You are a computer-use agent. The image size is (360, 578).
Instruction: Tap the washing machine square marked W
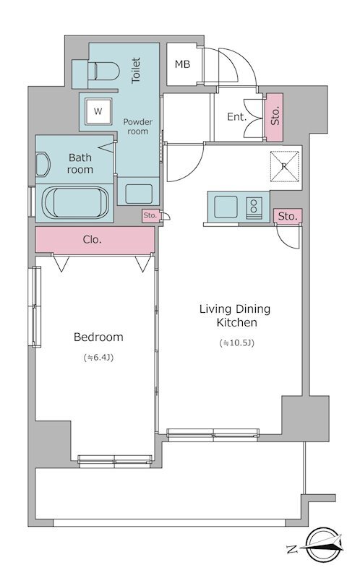[98, 111]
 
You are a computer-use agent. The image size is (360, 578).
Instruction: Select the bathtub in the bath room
[76, 203]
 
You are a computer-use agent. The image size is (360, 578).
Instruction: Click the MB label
[183, 64]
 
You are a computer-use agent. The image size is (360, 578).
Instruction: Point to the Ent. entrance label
[237, 117]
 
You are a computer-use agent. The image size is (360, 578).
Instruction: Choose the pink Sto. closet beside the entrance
[275, 117]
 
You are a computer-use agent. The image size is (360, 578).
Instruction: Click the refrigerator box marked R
[283, 166]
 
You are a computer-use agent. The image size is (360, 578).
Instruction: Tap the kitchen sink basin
[226, 207]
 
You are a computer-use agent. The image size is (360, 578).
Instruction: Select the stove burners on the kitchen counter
[254, 208]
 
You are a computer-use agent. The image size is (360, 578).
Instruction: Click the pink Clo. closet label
[93, 240]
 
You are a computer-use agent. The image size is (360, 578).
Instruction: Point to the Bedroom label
[98, 337]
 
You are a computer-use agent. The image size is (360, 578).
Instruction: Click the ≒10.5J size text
[237, 343]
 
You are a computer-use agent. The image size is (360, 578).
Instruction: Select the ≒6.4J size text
[98, 357]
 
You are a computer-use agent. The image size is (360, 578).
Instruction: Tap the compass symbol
[323, 545]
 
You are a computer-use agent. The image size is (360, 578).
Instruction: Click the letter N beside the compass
[292, 550]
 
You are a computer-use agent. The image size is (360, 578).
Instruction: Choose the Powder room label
[138, 126]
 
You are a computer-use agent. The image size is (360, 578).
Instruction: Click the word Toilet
[136, 70]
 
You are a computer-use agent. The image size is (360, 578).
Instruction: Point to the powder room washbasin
[139, 194]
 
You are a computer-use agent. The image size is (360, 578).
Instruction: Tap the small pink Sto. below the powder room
[150, 215]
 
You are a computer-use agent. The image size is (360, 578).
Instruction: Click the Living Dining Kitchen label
[236, 316]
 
